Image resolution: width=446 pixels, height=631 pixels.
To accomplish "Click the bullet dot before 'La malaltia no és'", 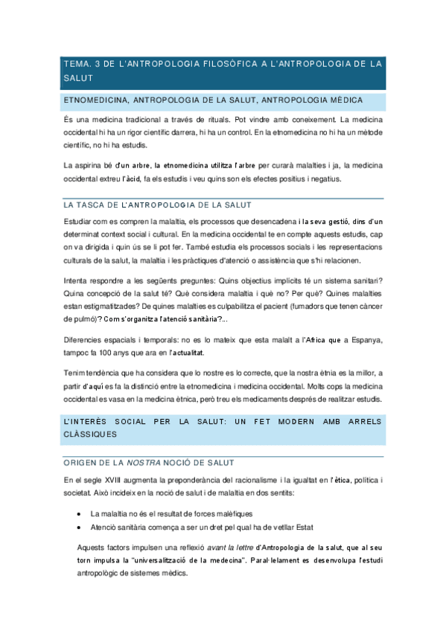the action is tap(80, 514).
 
